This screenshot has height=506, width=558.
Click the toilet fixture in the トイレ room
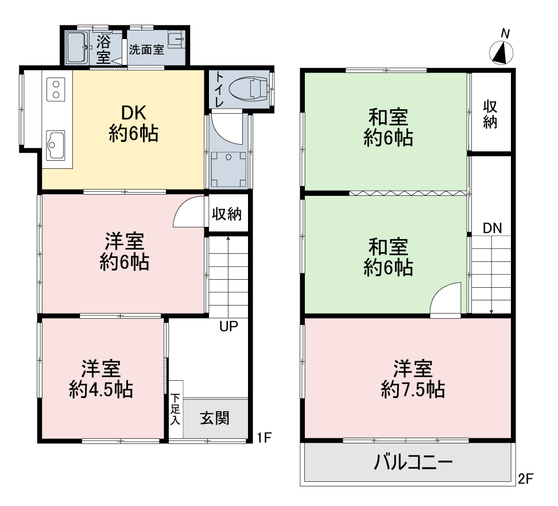click(249, 89)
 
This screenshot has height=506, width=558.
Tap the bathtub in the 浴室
click(77, 47)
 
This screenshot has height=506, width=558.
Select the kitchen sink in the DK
click(56, 145)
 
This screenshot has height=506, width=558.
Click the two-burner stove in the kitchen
click(56, 89)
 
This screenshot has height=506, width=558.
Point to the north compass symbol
click(501, 53)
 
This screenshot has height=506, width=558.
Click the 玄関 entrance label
click(215, 418)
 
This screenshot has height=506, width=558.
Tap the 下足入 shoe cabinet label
click(175, 409)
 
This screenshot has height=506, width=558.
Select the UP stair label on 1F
click(228, 326)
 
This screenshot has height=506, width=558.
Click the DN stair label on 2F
click(493, 228)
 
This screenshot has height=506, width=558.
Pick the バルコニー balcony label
click(413, 462)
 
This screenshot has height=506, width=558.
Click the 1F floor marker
click(265, 437)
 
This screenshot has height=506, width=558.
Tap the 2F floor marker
click(525, 478)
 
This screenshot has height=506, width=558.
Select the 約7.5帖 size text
click(413, 389)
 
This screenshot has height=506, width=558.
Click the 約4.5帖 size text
click(101, 389)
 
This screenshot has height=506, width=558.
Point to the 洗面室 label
click(146, 49)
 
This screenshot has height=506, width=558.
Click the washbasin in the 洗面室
click(176, 40)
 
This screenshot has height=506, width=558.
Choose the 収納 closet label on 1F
click(227, 214)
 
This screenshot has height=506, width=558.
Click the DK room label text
click(133, 113)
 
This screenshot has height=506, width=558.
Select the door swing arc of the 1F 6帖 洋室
click(180, 207)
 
